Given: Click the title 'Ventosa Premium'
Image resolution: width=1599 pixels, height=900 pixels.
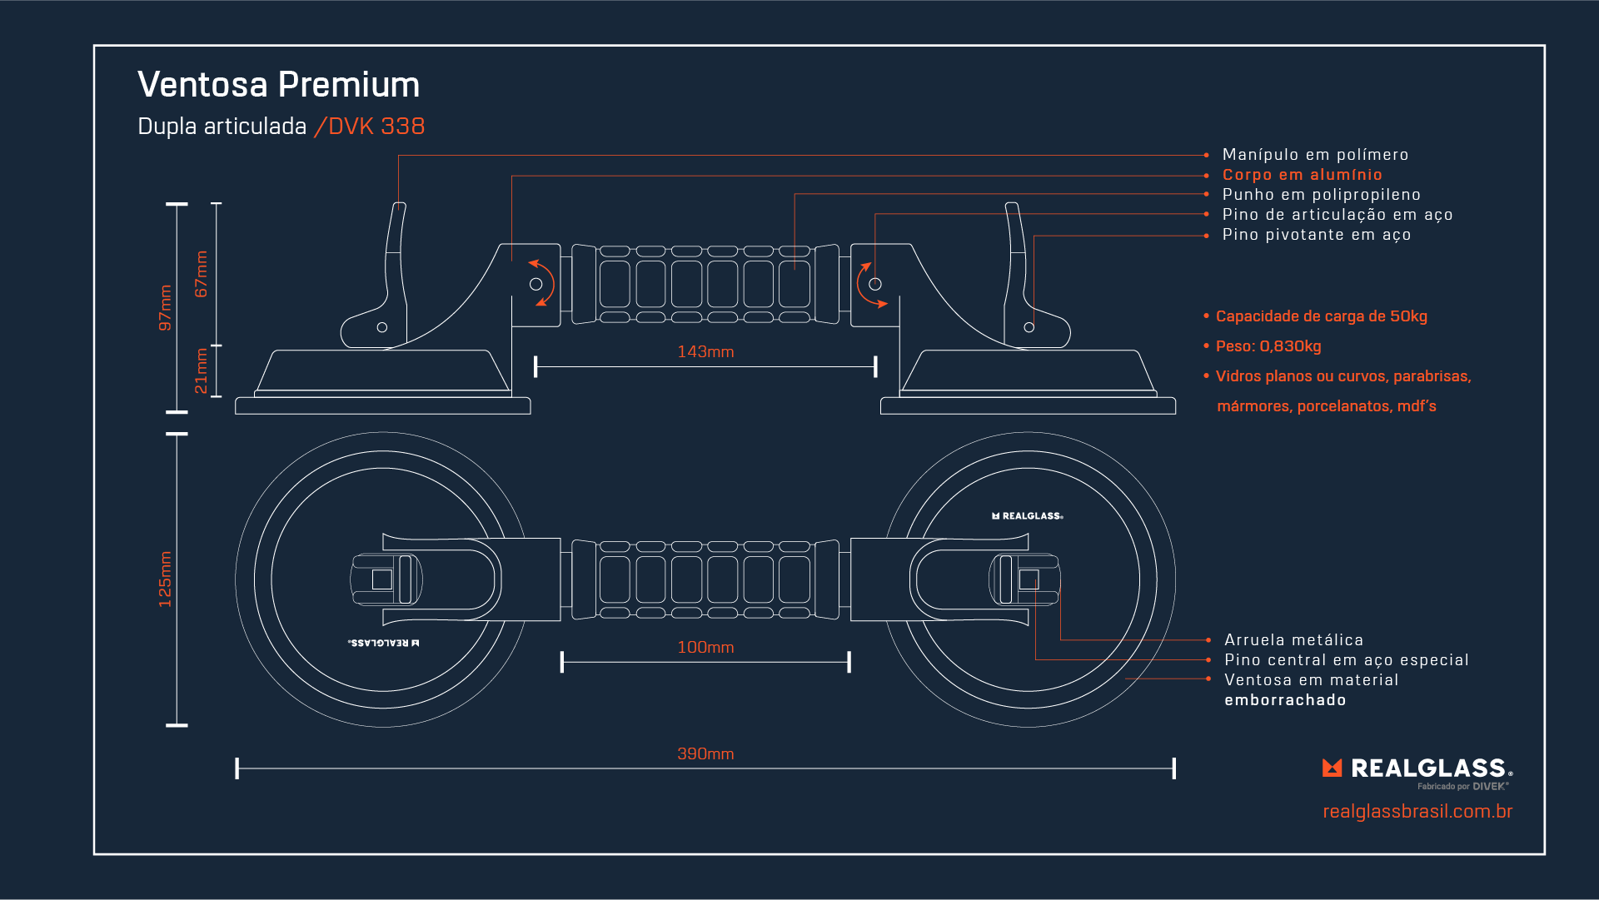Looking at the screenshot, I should [278, 85].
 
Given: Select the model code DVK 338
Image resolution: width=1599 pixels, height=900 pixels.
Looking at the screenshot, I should [376, 127].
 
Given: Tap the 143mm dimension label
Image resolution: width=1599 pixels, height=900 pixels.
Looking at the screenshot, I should [705, 352].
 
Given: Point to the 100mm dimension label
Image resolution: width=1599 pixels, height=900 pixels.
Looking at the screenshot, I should [705, 648].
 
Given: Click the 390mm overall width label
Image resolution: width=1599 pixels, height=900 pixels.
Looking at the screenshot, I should [705, 754].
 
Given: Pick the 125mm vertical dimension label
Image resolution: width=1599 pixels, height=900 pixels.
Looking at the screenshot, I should [165, 579].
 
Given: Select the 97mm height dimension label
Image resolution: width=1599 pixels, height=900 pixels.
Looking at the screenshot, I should [165, 308].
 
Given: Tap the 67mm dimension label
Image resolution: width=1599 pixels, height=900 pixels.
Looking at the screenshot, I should [201, 275].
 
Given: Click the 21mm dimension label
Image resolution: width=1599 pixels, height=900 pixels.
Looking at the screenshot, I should [201, 371].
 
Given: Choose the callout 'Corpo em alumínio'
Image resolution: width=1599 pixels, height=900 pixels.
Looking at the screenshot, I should [1302, 175].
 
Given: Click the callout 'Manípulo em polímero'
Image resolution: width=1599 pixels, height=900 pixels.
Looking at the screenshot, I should [1315, 155].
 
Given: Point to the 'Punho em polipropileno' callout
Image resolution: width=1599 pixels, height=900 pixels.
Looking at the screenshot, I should [1321, 195].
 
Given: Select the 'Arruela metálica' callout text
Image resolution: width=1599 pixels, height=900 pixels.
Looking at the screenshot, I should [1293, 640].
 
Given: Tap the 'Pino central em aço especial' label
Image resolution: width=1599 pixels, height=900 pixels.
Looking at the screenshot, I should [1346, 660].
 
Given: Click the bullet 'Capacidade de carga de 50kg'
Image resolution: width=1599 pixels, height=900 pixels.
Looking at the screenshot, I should [1321, 316].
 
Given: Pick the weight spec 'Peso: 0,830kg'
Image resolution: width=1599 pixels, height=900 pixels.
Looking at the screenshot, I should [1268, 346].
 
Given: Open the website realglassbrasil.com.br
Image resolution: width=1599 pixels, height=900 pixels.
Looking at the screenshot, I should [1417, 812].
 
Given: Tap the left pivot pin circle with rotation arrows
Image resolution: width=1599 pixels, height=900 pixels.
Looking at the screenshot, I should [536, 284].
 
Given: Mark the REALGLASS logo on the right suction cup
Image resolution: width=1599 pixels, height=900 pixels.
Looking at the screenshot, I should [1028, 516].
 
